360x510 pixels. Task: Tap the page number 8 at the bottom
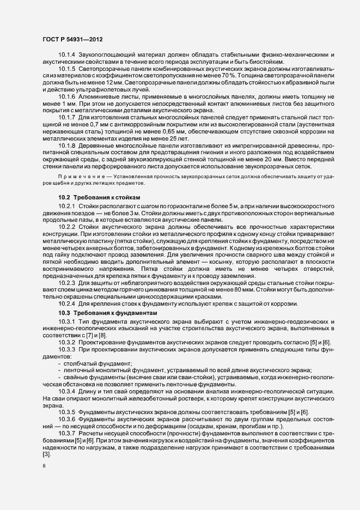44,466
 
